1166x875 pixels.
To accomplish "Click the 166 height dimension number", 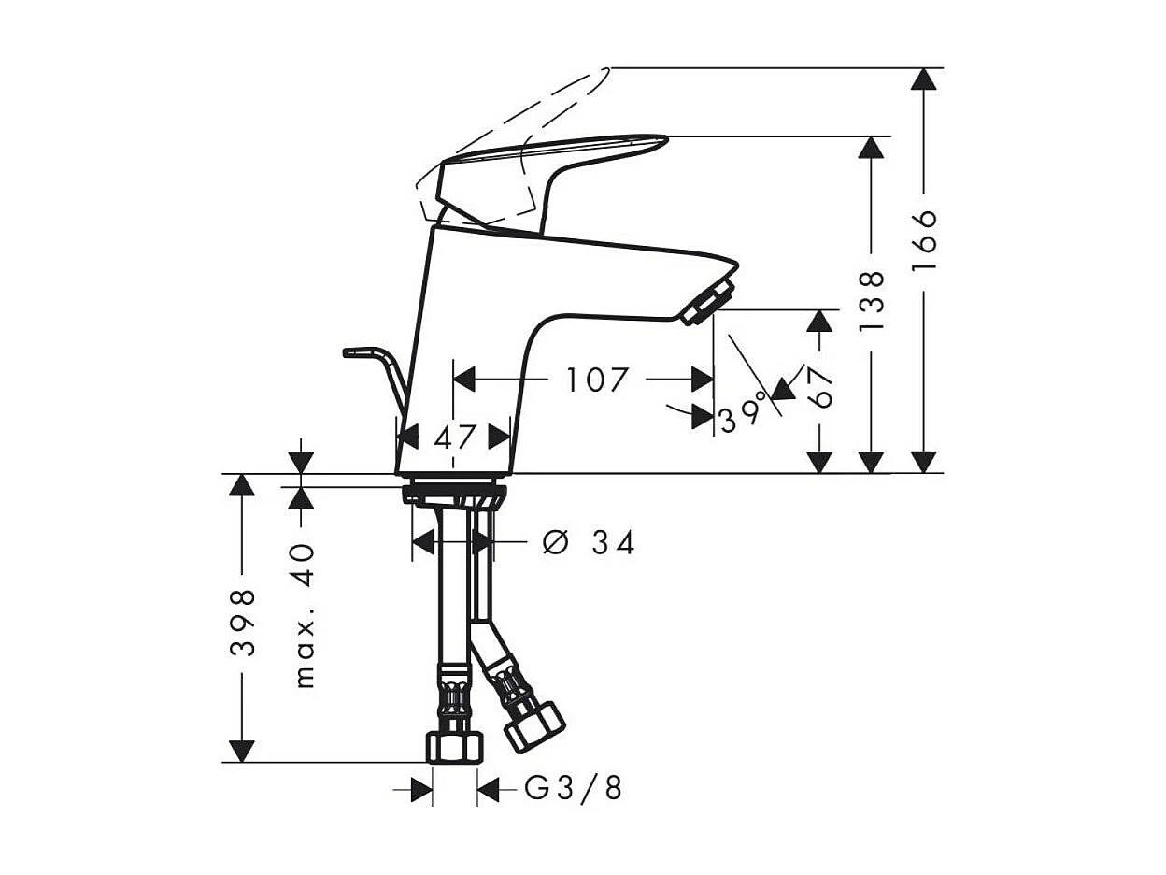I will click(924, 240).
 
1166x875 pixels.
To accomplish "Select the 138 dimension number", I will click(871, 300).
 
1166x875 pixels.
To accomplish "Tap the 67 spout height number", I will click(819, 387).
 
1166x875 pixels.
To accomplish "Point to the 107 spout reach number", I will click(597, 380).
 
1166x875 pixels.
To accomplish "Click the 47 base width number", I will click(455, 436).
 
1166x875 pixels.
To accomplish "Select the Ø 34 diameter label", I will click(589, 542).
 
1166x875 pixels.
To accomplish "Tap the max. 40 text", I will click(305, 617).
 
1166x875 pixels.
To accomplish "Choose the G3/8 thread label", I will click(573, 789).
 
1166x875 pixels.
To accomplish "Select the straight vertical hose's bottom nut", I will click(456, 747).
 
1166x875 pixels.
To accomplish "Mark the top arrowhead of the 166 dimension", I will click(924, 79).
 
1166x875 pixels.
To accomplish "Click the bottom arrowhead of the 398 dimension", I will click(242, 751).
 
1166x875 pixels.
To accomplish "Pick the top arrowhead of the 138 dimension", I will click(871, 148).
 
